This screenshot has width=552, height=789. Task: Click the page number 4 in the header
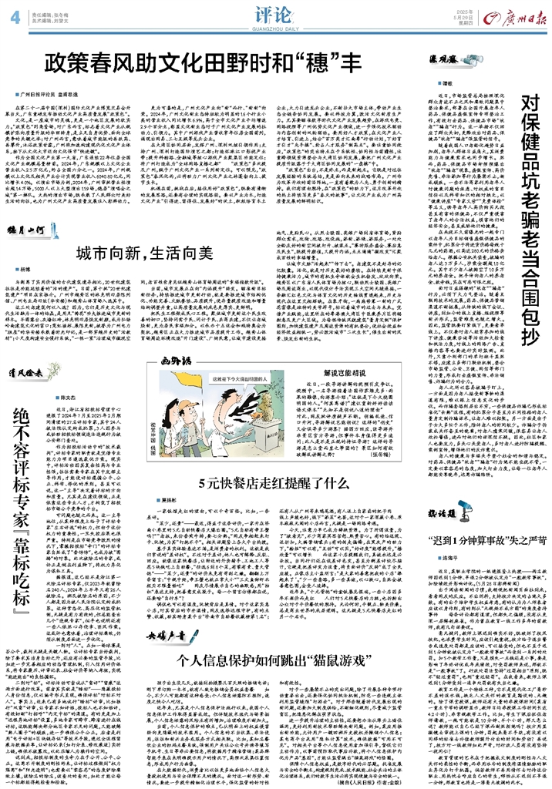coord(15,15)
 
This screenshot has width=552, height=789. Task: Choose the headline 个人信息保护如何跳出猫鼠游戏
coord(243,660)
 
